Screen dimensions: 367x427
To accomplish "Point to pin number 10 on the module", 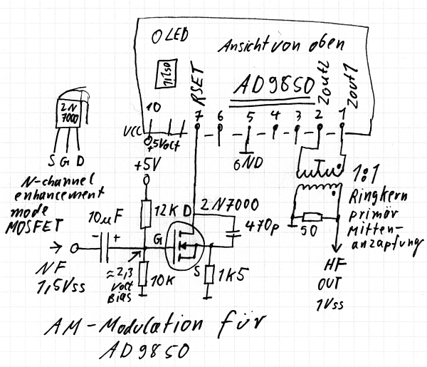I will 152,109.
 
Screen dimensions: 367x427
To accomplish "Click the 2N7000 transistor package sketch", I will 69,115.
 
